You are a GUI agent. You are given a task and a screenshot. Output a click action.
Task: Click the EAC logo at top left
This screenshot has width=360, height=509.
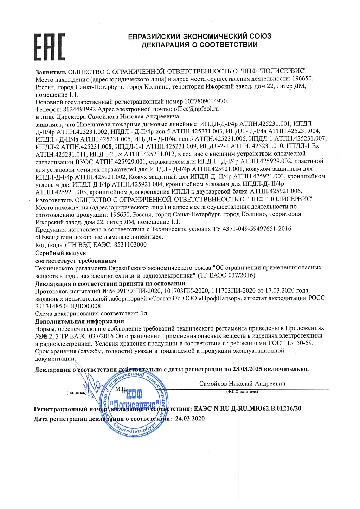tap(49, 47)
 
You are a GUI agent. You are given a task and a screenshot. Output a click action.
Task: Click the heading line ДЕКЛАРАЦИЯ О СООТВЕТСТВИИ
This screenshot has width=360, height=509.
tap(199, 45)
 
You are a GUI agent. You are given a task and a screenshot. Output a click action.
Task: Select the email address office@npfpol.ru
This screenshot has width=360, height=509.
tap(196, 109)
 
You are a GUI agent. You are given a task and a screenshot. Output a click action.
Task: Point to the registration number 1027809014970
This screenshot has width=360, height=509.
tap(206, 102)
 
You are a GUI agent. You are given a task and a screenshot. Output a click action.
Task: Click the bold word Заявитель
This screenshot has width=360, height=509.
tap(51, 72)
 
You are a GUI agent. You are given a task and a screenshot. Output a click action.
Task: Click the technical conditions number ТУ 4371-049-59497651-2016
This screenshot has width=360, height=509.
tap(252, 229)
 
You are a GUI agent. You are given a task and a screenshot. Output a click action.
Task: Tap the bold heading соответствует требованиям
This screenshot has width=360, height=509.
tap(76, 261)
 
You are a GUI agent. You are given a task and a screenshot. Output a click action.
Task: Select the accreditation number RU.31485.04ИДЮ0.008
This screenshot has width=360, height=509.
tap(68, 306)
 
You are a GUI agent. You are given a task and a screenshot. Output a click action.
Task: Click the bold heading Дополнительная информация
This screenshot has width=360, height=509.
tap(79, 321)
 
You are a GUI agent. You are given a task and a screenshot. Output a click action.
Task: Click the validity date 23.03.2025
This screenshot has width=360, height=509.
tap(247, 369)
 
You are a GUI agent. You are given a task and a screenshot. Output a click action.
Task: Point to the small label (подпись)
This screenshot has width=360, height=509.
tap(76, 393)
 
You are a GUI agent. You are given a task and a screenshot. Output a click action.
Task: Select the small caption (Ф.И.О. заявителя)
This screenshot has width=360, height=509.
tap(242, 391)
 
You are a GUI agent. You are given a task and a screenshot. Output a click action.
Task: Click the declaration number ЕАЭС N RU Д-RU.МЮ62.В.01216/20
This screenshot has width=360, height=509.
tap(247, 409)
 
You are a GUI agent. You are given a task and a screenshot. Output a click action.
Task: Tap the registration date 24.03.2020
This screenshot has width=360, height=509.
tap(190, 418)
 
